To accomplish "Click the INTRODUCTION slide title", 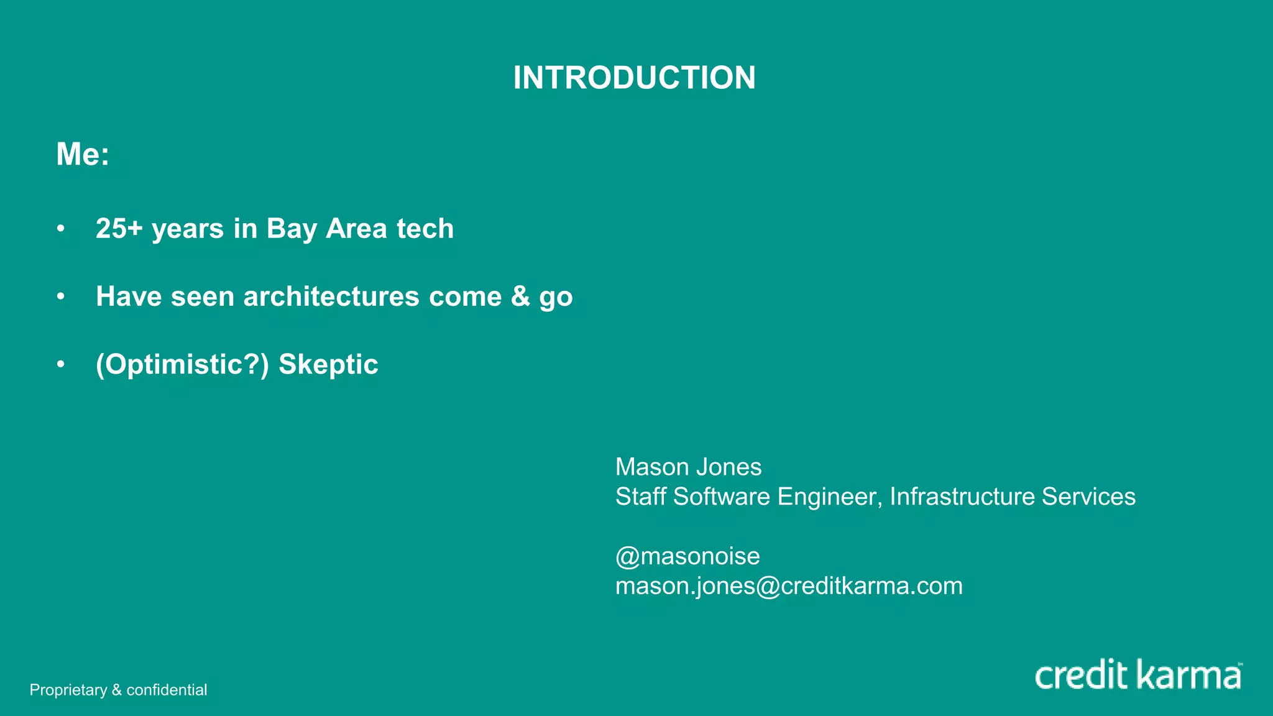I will [x=634, y=78].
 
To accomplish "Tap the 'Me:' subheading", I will [x=83, y=154].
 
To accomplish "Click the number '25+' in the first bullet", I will [x=119, y=229].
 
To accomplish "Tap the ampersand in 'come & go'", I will [x=520, y=296].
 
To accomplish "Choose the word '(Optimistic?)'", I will [x=182, y=365].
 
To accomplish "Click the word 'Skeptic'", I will [x=328, y=365].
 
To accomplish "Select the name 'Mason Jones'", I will [x=688, y=467].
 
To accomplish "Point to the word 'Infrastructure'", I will [x=962, y=497].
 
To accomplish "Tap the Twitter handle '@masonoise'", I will [x=687, y=556].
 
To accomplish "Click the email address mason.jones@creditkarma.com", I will [x=789, y=586].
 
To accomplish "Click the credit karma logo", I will [x=1138, y=675].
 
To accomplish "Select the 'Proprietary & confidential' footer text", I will [x=118, y=690].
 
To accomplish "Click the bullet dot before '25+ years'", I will [x=60, y=229].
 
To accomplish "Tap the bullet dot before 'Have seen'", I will [x=60, y=296].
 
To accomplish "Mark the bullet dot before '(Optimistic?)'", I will [x=60, y=364].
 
